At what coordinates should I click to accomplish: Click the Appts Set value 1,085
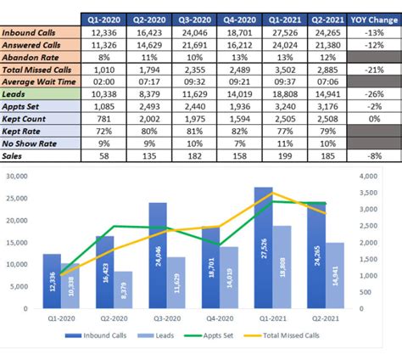(x=104, y=108)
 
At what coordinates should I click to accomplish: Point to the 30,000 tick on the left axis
(x=17, y=177)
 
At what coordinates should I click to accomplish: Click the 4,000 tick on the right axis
(x=348, y=177)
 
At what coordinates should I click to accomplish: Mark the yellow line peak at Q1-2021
(x=272, y=193)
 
